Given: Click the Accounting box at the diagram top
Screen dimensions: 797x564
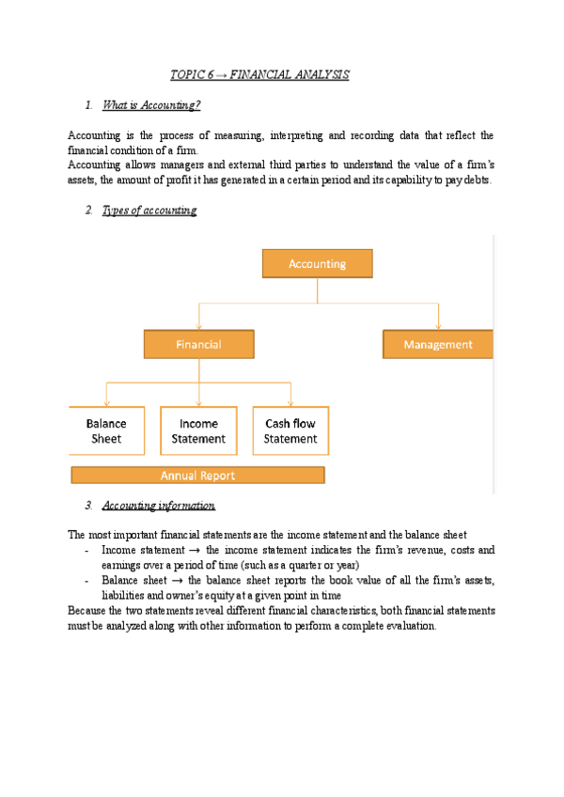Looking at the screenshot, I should [317, 263].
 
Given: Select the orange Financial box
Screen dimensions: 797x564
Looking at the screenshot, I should [198, 344].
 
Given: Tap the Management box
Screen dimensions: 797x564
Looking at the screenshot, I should [438, 344].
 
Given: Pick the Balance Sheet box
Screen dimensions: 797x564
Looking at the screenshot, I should [106, 430].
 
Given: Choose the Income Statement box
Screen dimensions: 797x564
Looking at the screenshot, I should [198, 430].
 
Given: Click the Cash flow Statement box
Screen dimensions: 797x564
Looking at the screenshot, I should [290, 430].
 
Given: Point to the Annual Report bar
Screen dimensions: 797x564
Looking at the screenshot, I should [197, 475].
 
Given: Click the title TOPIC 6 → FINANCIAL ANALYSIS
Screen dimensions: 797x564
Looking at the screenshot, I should [259, 74].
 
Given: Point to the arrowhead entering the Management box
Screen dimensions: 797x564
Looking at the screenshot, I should [438, 327].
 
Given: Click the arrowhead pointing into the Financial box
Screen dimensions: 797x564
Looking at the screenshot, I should [198, 327].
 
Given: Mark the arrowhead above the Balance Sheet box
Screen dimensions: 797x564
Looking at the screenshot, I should [106, 403].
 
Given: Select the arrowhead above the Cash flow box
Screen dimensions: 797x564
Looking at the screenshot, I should [290, 403].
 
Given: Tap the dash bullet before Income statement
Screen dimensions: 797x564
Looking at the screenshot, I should [86, 550].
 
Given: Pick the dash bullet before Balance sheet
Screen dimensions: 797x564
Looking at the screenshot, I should [86, 581].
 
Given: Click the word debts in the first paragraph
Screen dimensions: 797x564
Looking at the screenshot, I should [476, 180].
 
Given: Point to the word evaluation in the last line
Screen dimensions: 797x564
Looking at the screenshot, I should [408, 626].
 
